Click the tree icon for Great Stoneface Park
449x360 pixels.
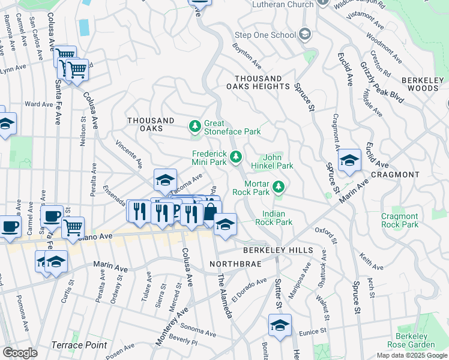pyautogui.click(x=194, y=127)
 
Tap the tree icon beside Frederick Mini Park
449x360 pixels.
pyautogui.click(x=237, y=157)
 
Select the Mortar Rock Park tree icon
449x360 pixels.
pyautogui.click(x=278, y=187)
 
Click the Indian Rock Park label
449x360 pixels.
pyautogui.click(x=277, y=218)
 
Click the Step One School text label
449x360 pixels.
pyautogui.click(x=266, y=35)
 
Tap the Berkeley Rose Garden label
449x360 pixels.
pyautogui.click(x=420, y=341)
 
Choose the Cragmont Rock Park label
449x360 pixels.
pyautogui.click(x=400, y=220)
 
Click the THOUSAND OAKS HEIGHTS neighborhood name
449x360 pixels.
pyautogui.click(x=262, y=83)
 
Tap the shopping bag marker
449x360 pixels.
pyautogui.click(x=211, y=212)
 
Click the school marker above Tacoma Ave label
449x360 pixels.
pyautogui.click(x=165, y=179)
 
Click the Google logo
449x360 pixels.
pyautogui.click(x=20, y=353)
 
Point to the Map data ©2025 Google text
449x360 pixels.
pyautogui.click(x=411, y=355)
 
